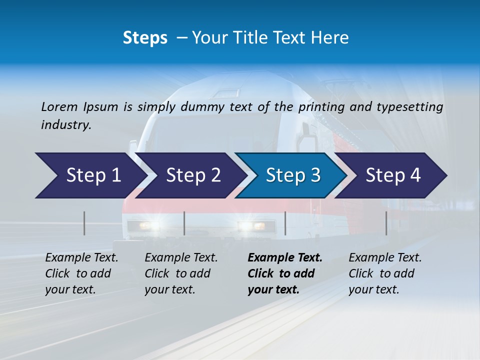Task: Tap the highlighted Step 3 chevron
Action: click(293, 175)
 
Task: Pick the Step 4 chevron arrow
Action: click(393, 175)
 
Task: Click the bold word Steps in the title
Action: click(145, 38)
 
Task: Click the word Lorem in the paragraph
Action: click(59, 107)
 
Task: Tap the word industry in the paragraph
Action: click(65, 125)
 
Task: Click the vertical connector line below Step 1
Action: click(84, 223)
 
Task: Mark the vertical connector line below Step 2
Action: click(184, 223)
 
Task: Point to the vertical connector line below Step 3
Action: click(285, 223)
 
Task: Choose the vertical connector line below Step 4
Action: click(386, 223)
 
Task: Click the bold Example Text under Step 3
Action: click(285, 258)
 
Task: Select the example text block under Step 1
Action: click(81, 273)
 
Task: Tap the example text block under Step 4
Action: click(385, 273)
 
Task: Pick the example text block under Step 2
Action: click(181, 273)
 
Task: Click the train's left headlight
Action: click(145, 225)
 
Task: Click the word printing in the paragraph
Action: click(321, 107)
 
